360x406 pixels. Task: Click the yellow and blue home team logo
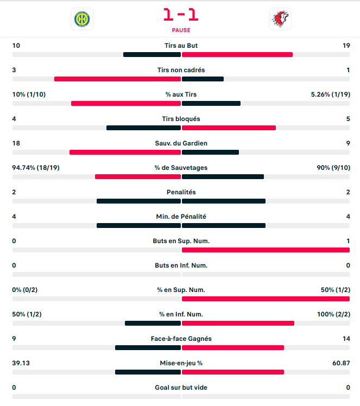(82, 19)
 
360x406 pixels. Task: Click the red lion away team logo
(280, 19)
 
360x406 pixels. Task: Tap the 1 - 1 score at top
(181, 15)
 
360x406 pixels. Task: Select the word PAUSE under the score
(181, 30)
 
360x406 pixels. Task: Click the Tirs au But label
(181, 46)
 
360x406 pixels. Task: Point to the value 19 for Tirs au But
(346, 46)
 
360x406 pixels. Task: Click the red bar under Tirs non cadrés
(117, 79)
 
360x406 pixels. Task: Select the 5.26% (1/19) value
(330, 94)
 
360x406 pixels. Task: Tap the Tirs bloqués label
(181, 119)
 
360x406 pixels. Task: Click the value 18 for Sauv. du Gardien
(16, 143)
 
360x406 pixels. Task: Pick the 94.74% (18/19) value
(36, 168)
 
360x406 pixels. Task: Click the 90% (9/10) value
(333, 168)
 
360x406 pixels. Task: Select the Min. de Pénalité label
(181, 217)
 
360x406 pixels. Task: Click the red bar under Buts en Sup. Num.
(266, 250)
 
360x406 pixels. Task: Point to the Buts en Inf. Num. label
(181, 265)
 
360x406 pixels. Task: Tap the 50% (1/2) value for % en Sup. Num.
(335, 290)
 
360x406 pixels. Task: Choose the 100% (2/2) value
(333, 314)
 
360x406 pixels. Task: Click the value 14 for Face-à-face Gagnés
(346, 339)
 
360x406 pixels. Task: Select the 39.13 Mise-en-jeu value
(22, 363)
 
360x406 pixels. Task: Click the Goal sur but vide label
(181, 388)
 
